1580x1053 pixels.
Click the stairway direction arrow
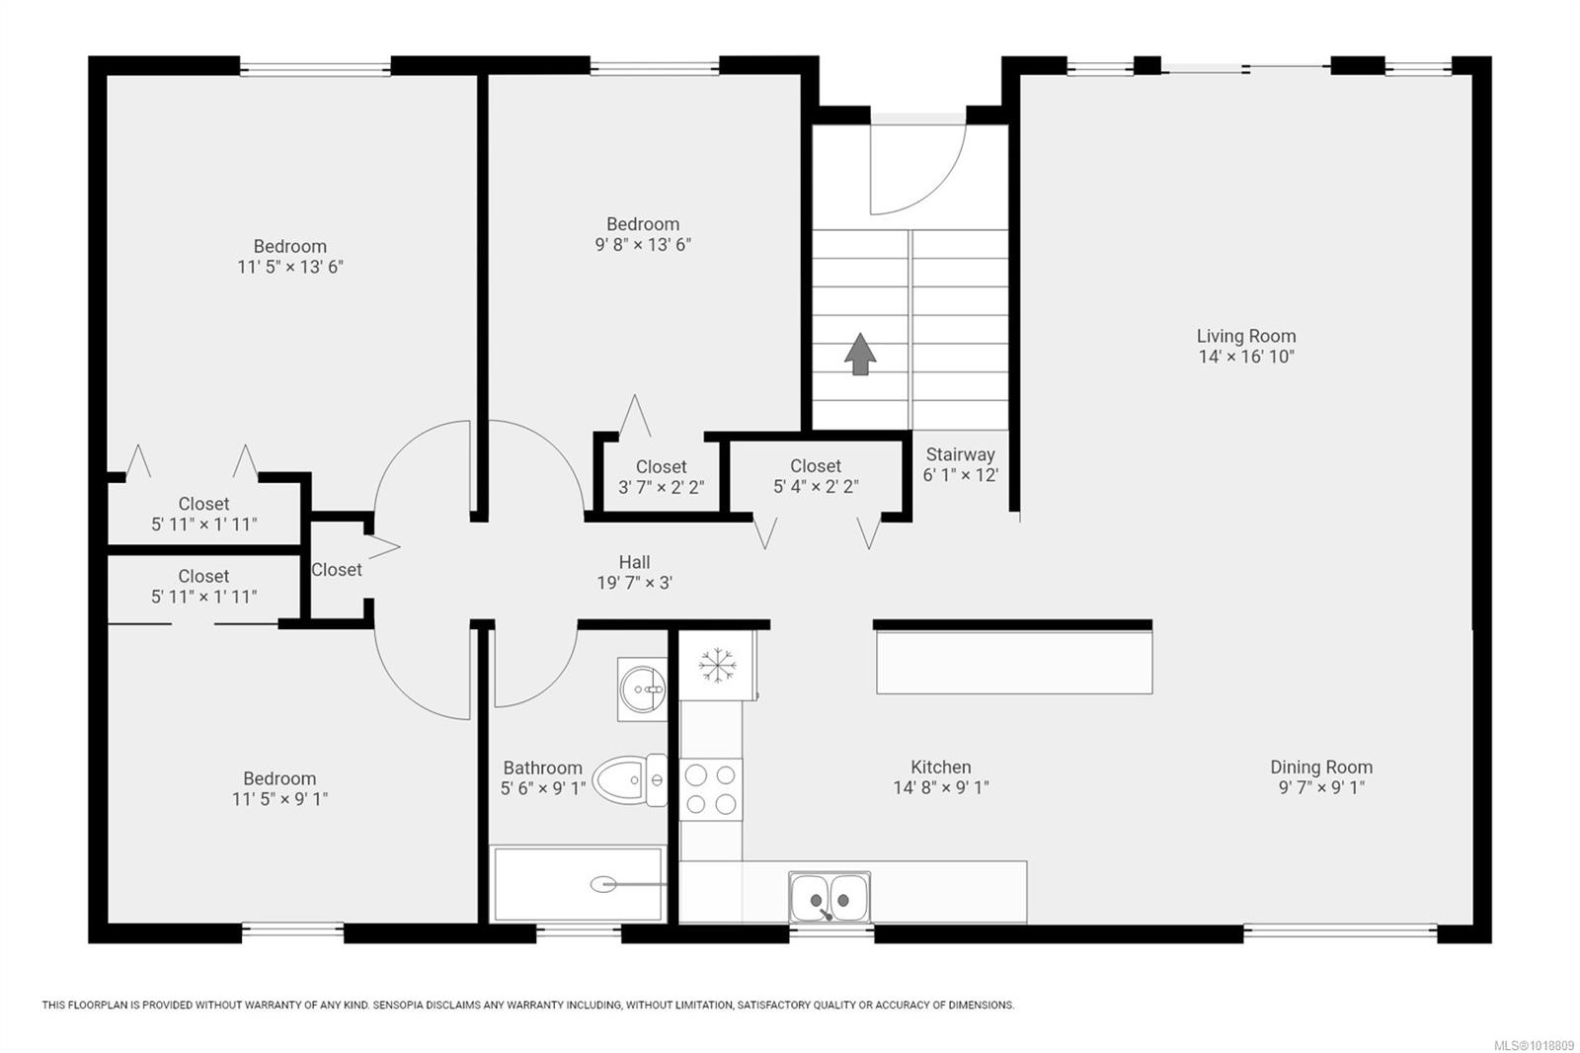pos(860,355)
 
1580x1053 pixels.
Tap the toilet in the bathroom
pos(631,779)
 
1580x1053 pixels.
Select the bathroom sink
pos(642,688)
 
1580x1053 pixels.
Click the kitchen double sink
pos(829,897)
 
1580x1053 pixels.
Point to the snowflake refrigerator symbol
pos(717,665)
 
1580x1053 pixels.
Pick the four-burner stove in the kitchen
pos(711,789)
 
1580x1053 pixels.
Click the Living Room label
pos(1246,336)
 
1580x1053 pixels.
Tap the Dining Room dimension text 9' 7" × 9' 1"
pos(1322,787)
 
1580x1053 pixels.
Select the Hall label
pos(634,562)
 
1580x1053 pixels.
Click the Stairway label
pos(960,454)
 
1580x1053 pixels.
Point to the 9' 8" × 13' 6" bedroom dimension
pos(643,244)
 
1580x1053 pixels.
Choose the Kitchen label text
pos(941,767)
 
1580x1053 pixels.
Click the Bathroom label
pos(542,768)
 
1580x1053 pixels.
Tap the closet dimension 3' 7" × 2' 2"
pos(661,487)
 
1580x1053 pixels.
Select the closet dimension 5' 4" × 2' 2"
pos(816,486)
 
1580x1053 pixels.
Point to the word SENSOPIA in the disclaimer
pos(401,1005)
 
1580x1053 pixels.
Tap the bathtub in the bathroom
pos(579,884)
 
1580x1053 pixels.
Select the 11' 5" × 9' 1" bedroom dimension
pos(280,799)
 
